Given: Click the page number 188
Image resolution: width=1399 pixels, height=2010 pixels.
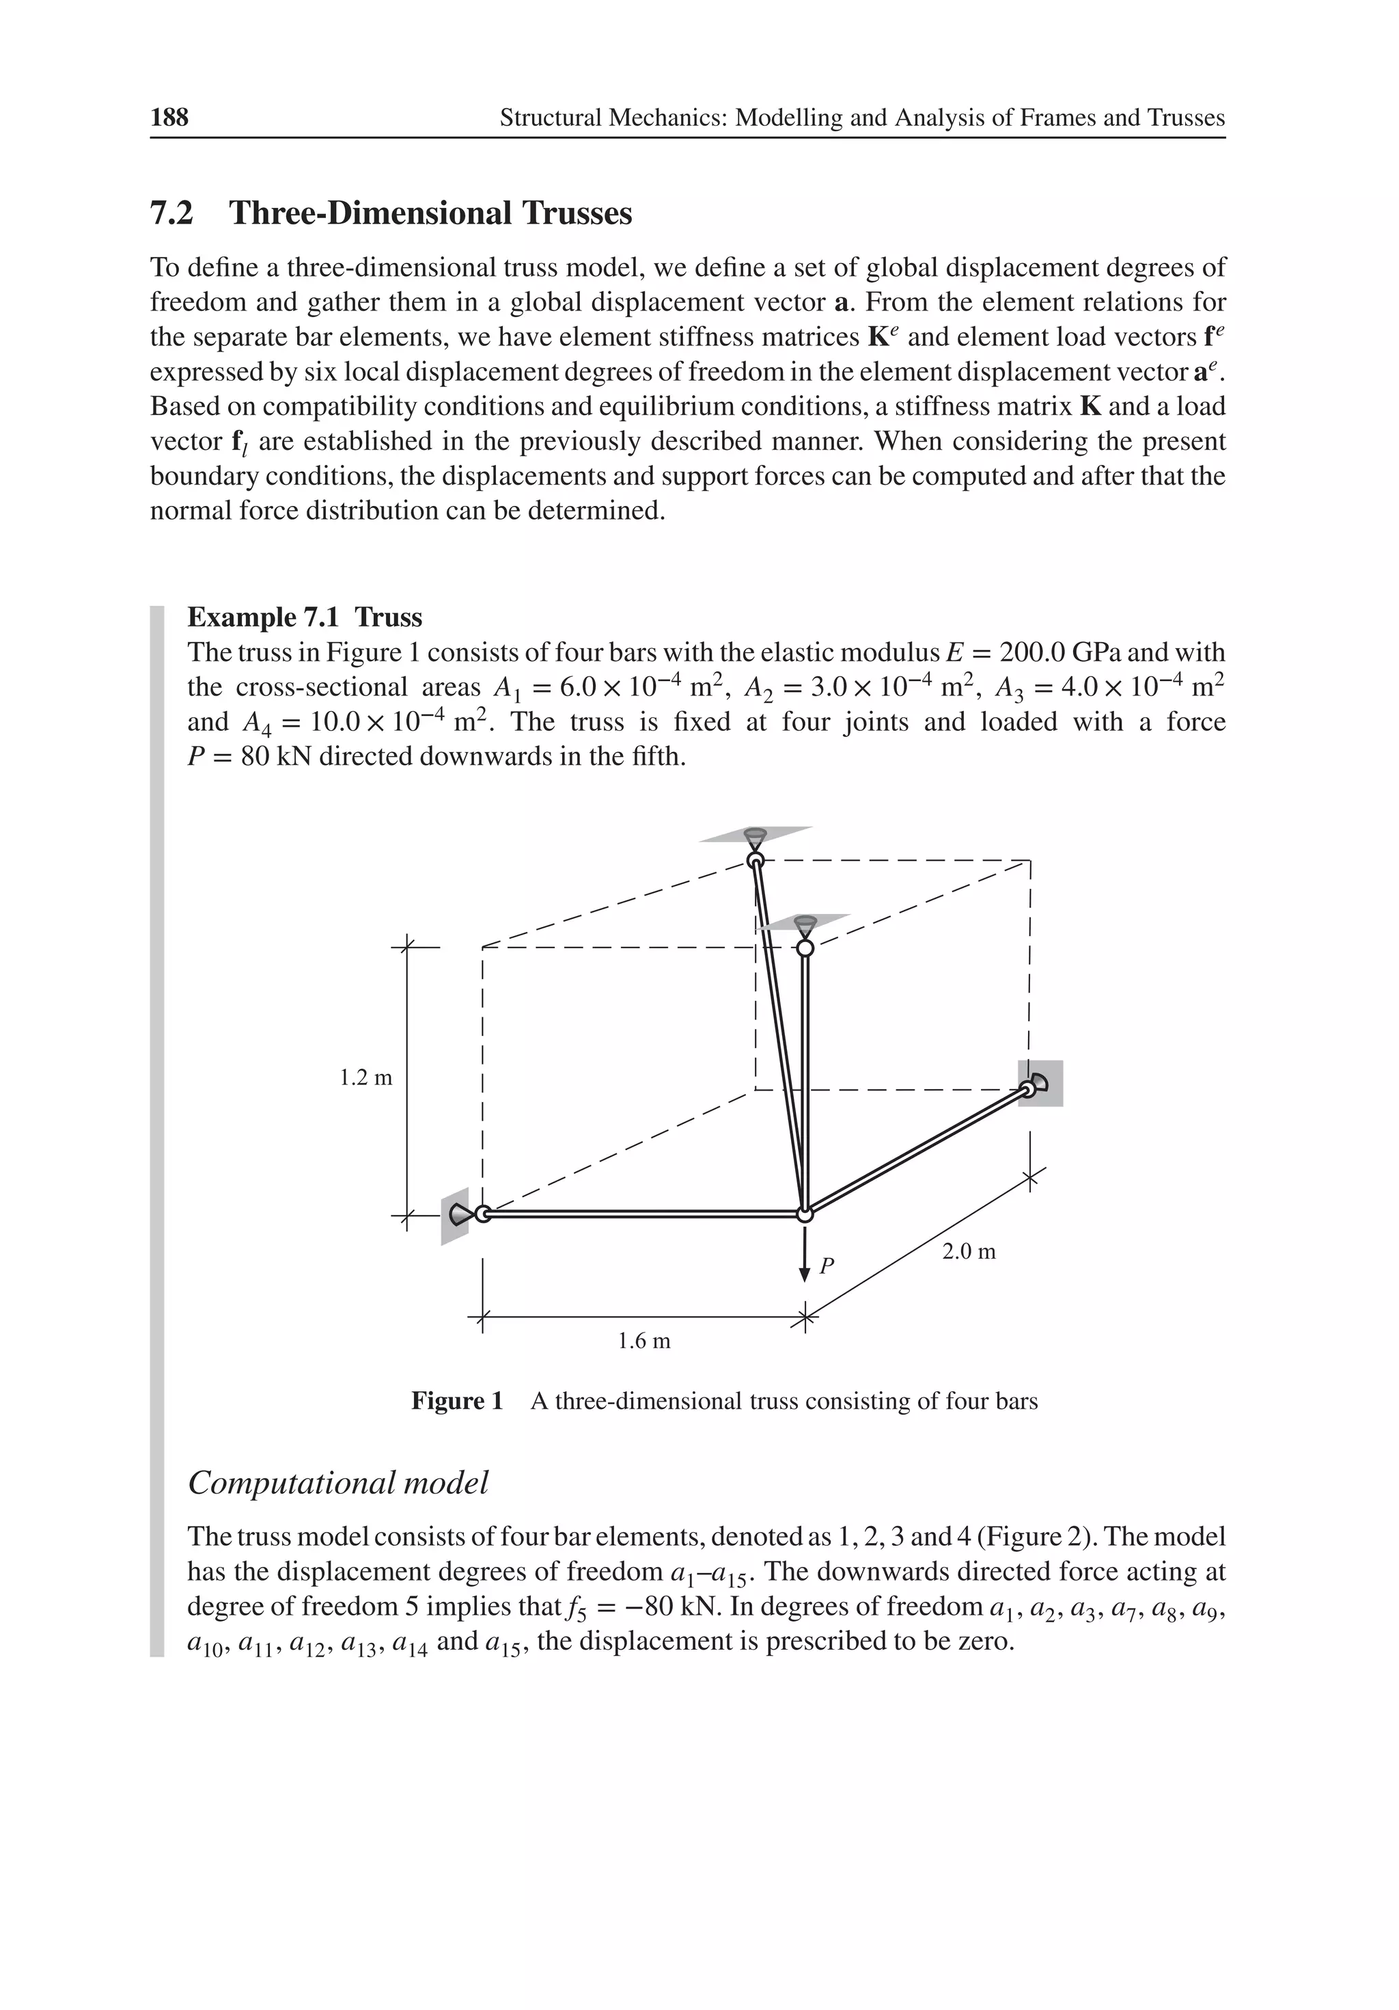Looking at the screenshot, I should pyautogui.click(x=169, y=118).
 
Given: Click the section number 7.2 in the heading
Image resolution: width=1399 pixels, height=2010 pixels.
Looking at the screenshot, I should pyautogui.click(x=171, y=213).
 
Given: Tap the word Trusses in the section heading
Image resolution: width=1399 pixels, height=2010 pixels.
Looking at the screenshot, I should pyautogui.click(x=577, y=213).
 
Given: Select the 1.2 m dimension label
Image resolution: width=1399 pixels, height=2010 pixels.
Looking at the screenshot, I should pyautogui.click(x=365, y=1077).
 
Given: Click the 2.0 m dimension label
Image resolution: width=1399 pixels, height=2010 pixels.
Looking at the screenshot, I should pyautogui.click(x=969, y=1252).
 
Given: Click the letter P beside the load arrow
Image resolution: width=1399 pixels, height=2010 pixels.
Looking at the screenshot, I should pyautogui.click(x=827, y=1266).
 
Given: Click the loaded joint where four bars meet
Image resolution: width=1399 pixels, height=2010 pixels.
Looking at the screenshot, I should pyautogui.click(x=805, y=1214).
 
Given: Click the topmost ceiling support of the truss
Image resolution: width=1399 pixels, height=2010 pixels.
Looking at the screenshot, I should pyautogui.click(x=755, y=836).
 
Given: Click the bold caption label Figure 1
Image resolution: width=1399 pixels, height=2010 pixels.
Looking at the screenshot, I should pyautogui.click(x=457, y=1401).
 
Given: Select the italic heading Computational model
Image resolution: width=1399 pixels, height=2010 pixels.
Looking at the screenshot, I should pyautogui.click(x=337, y=1482).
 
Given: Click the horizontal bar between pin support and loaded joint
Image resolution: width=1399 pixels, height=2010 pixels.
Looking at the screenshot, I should pyautogui.click(x=643, y=1214).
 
